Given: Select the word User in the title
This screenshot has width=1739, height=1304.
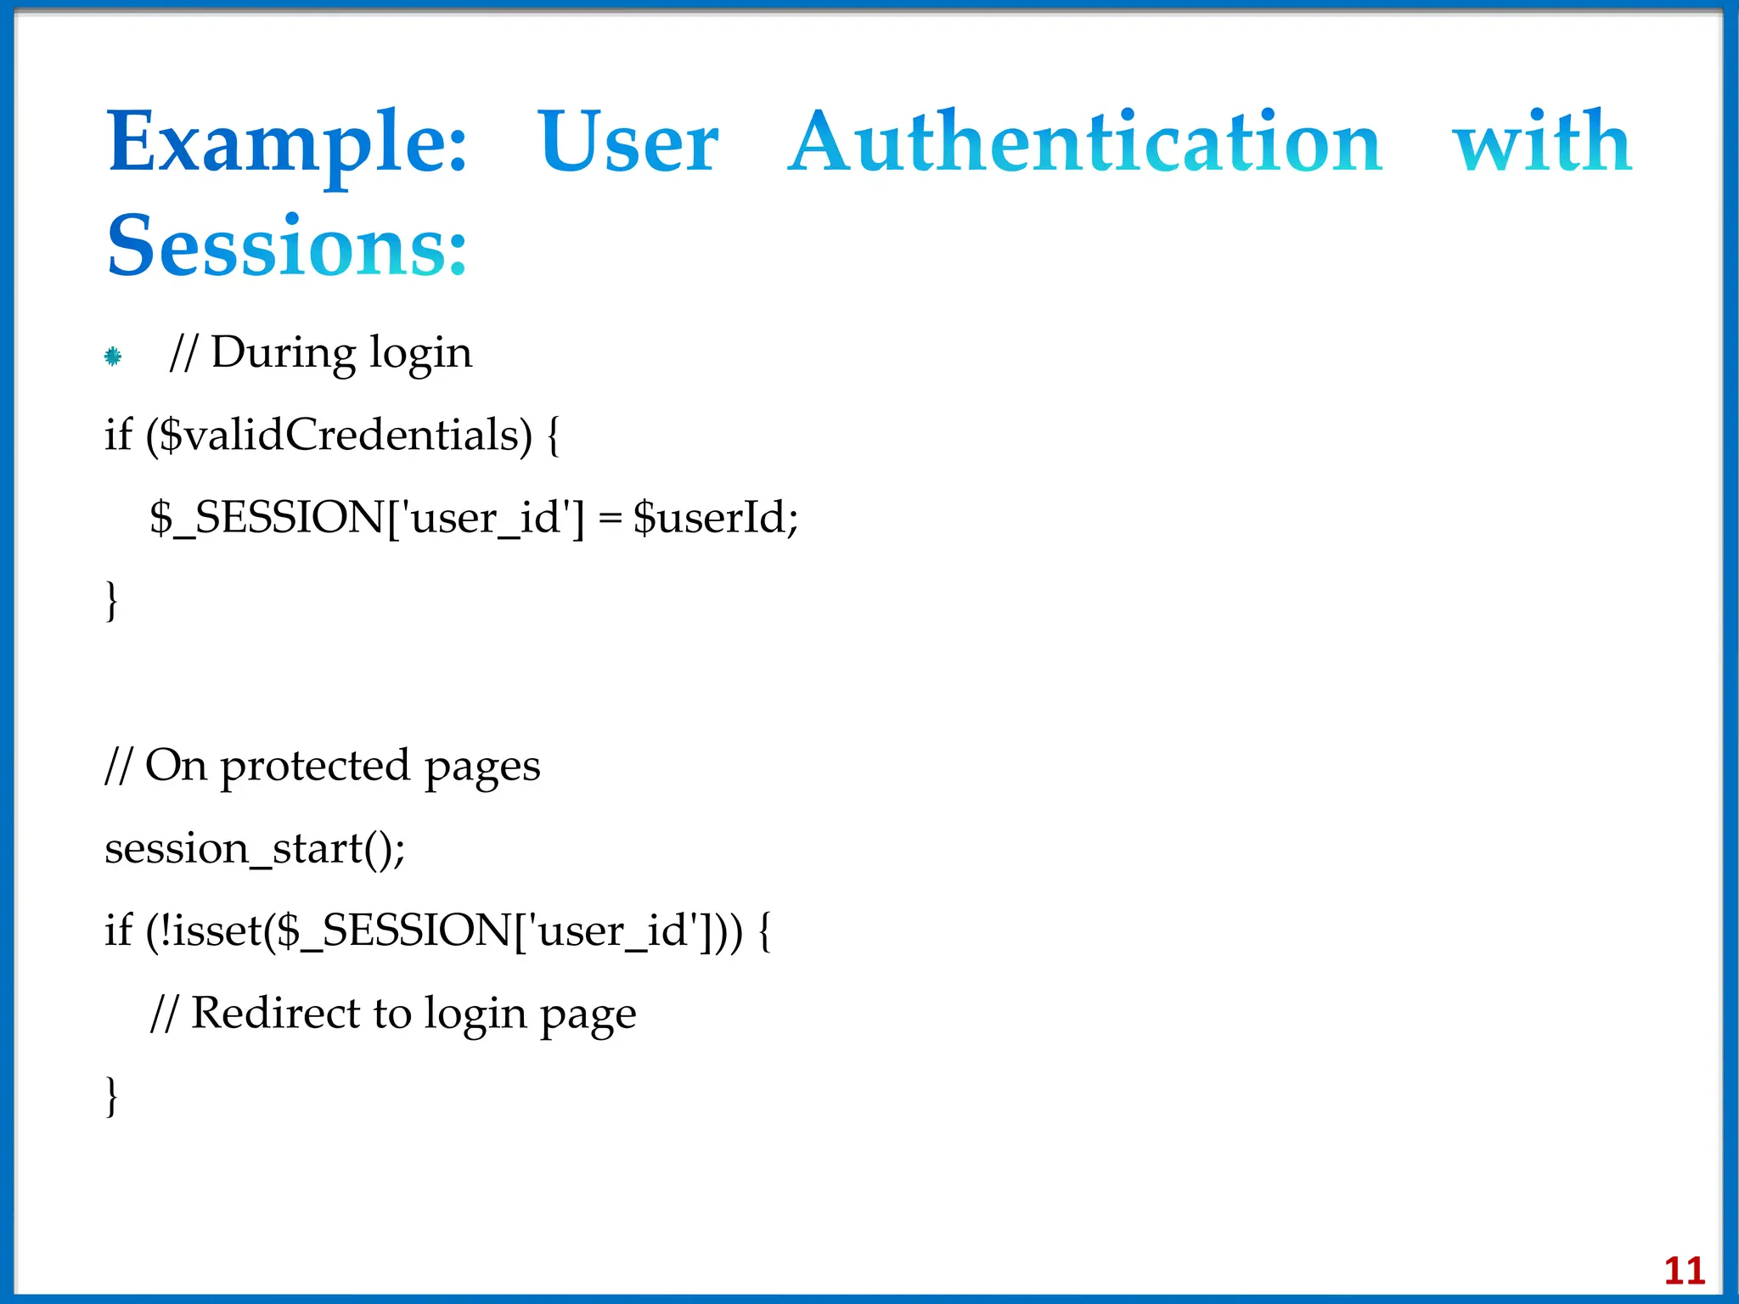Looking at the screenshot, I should click(628, 143).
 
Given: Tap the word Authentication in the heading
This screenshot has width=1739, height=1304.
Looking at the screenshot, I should click(1085, 143).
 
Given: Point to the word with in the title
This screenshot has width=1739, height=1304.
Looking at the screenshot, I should click(1542, 143).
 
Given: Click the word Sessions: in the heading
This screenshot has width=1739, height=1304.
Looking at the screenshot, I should click(287, 246).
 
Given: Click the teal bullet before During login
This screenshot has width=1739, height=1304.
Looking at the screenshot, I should click(113, 357).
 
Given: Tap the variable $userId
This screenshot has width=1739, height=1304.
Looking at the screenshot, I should click(715, 517).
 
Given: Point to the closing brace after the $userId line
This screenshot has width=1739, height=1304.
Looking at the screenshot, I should click(111, 601).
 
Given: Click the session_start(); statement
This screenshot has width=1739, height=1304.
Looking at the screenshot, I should click(255, 848).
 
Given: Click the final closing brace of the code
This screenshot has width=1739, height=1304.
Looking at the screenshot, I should click(111, 1096).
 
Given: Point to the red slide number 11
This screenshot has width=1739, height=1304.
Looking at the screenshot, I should click(1685, 1271).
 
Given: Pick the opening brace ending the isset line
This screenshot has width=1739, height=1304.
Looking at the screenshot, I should click(765, 931).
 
